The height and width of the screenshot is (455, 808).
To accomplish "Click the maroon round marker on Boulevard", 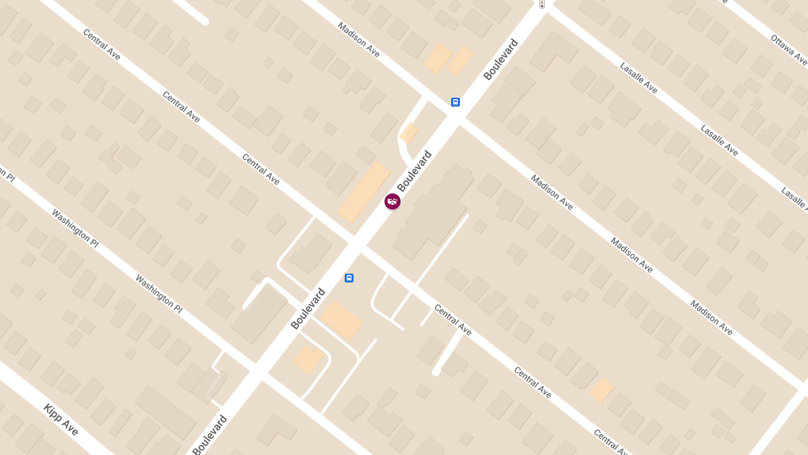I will point(393,201).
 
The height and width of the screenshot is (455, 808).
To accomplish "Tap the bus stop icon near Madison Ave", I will point(456,102).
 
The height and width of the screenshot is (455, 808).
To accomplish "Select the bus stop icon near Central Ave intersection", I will point(349,278).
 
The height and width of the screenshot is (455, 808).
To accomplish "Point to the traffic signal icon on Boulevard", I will point(542,4).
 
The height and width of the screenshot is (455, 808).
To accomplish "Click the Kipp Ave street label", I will point(61,419).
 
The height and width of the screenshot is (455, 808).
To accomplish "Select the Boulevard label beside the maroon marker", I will point(414,171).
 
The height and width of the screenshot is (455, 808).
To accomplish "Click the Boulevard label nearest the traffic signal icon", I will point(501,59).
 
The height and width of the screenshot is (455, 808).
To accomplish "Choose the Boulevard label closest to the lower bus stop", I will point(308,309).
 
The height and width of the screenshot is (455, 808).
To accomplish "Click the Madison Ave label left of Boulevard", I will point(359,40).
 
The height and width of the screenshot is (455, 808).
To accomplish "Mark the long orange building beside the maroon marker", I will point(364,191).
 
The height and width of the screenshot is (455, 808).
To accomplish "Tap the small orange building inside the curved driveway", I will point(409,133).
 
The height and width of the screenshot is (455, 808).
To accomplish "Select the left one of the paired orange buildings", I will point(438,59).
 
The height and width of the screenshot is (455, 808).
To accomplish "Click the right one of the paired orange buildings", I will point(461,60).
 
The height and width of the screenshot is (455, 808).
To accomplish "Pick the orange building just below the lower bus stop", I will point(341,320).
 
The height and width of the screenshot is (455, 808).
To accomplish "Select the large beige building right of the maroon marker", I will point(435,212).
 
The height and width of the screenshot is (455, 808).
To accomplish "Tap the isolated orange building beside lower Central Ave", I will point(602,390).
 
